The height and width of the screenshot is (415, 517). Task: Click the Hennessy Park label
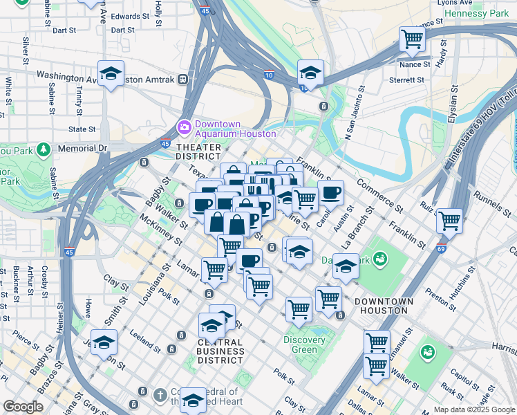pos(476,13)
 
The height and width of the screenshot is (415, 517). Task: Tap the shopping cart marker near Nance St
pos(412,39)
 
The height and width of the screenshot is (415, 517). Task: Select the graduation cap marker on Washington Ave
pos(111,73)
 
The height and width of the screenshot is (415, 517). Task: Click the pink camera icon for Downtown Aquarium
pos(184,127)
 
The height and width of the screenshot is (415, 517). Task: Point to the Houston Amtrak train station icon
pos(184,80)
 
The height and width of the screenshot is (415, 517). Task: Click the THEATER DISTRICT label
pos(199,152)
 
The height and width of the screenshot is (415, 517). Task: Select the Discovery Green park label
pos(304,344)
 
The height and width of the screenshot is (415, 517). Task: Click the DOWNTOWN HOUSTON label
pos(384,306)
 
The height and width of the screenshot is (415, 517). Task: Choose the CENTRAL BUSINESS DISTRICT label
pos(220,351)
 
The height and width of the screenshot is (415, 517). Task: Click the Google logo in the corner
pos(23,407)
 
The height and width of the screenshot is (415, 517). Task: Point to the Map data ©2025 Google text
pos(473,409)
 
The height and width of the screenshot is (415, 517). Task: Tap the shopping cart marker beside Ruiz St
pos(449,221)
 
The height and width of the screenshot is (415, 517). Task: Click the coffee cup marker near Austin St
pos(330,192)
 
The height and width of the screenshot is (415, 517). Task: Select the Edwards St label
pos(130,16)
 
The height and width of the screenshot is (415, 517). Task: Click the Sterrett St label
pos(408,80)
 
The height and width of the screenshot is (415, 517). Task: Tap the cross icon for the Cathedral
pos(160,394)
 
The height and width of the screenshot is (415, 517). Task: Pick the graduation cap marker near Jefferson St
pos(104,342)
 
